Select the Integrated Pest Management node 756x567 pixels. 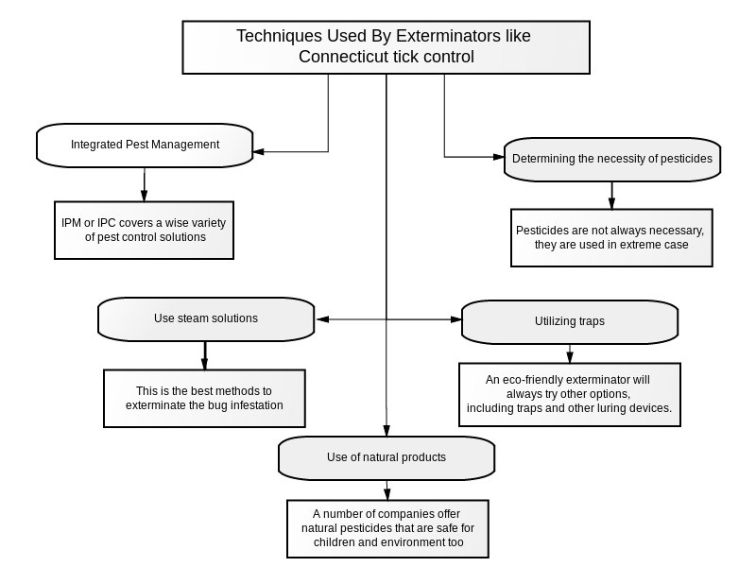(x=145, y=146)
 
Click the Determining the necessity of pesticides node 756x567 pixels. (x=612, y=160)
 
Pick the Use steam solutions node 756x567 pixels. (x=206, y=319)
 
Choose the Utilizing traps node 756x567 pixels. (x=570, y=321)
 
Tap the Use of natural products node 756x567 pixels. (x=387, y=458)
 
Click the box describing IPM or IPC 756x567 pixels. (x=145, y=231)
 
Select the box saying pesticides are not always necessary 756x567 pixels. (x=611, y=238)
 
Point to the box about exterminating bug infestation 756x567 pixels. (x=204, y=398)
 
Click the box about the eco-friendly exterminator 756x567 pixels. (x=570, y=394)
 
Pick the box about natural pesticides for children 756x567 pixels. (x=387, y=528)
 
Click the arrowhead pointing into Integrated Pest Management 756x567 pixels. (x=258, y=152)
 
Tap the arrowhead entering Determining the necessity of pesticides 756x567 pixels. (x=499, y=157)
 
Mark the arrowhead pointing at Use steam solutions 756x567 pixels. (x=322, y=319)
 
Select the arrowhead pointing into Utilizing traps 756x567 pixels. (x=456, y=319)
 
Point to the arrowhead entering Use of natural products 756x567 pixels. (x=387, y=431)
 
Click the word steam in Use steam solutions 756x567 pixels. (x=192, y=318)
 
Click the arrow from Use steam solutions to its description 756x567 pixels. (x=205, y=356)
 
